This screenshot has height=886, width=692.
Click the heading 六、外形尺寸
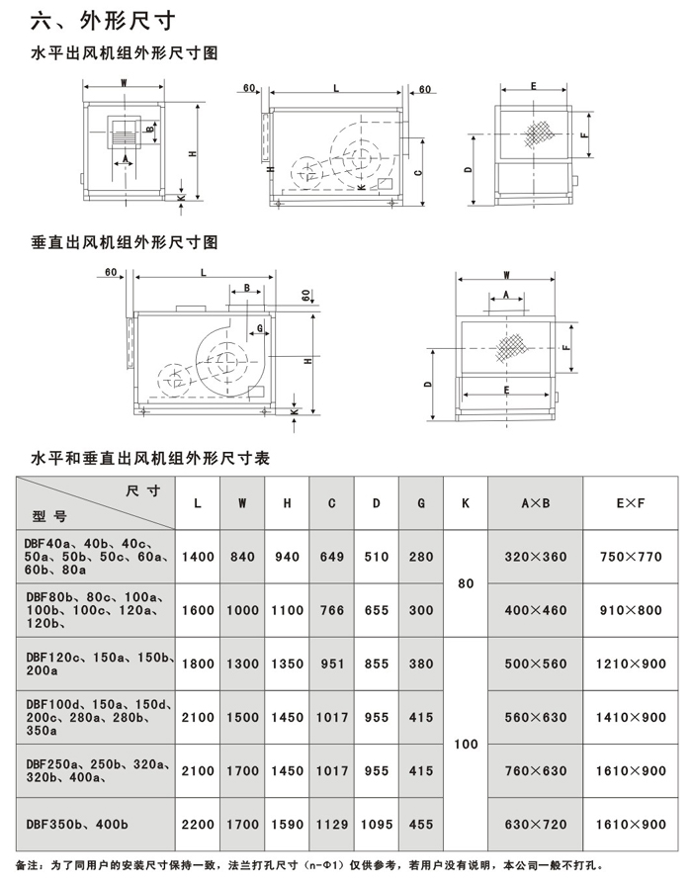pos(95,20)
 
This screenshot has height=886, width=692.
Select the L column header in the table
pos(198,503)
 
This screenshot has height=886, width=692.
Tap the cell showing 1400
pos(198,557)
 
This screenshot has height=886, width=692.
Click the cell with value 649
pos(332,557)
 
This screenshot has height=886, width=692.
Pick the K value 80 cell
pos(466,583)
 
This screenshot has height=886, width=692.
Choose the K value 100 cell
pos(466,744)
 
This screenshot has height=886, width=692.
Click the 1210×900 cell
pos(631,664)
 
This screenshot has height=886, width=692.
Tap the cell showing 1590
pos(287,824)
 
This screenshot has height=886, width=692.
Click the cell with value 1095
pos(377,824)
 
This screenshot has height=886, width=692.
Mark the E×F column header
pos(631,503)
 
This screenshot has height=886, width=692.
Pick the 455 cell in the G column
pos(421,824)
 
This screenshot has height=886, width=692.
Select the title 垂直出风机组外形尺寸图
pos(125,241)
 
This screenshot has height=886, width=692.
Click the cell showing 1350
pos(287,664)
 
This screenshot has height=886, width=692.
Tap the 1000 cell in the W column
pos(242,610)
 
